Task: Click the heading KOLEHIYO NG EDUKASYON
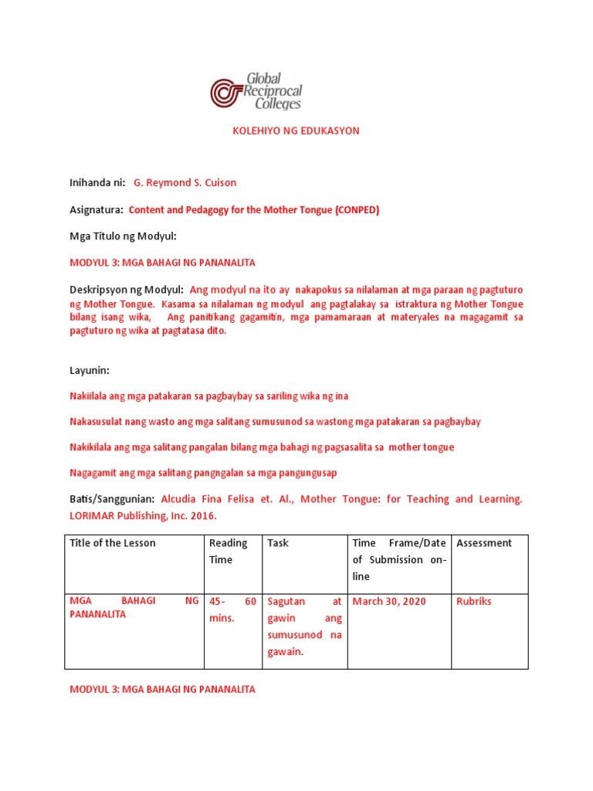point(296,131)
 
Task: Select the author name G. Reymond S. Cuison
point(185,183)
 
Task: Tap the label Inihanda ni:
point(98,183)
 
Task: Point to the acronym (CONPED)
point(357,209)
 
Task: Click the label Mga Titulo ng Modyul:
point(124,236)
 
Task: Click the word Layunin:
point(90,371)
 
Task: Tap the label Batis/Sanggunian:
point(113,500)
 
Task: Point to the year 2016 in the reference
point(203,515)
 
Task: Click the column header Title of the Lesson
point(113,543)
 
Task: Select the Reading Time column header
point(228,551)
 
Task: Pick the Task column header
point(278,543)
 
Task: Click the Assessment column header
point(484,543)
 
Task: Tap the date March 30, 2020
point(388,601)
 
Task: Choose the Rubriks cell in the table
point(473,601)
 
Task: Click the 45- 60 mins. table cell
point(232,609)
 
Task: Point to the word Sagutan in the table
point(286,601)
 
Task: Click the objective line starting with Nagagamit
point(203,473)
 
